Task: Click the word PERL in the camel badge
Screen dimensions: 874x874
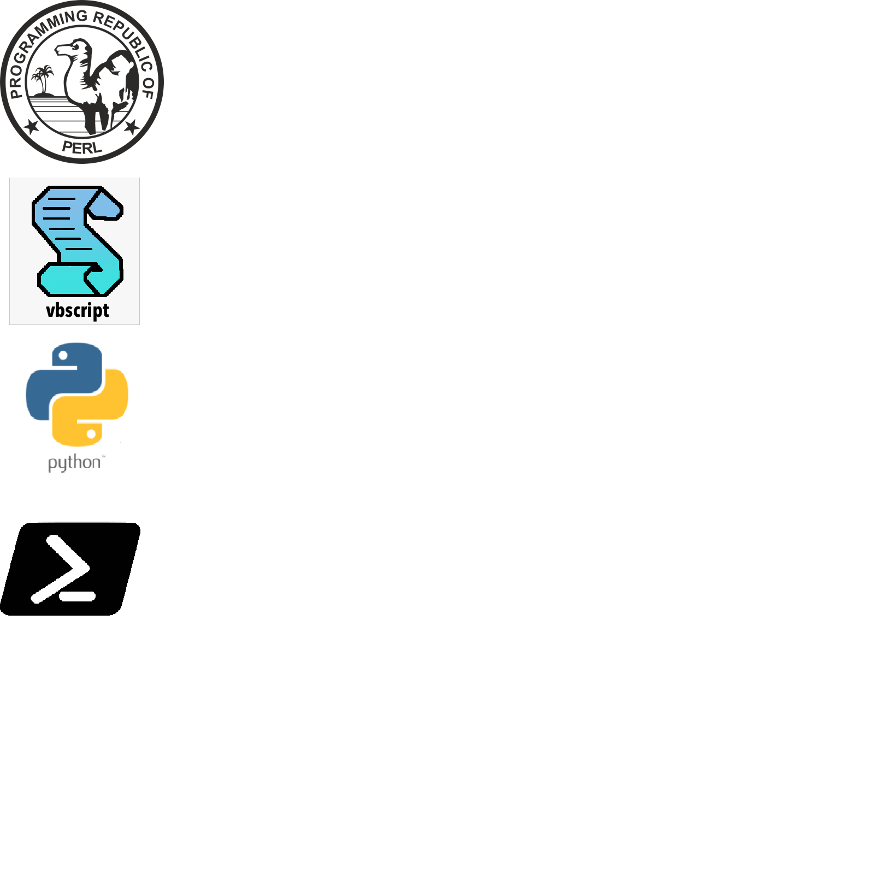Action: coord(82,147)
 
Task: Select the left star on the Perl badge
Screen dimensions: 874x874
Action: coord(32,127)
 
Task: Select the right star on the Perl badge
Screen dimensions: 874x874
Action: coord(132,127)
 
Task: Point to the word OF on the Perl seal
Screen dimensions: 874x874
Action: coord(148,87)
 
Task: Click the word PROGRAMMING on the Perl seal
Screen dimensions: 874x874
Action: coord(38,44)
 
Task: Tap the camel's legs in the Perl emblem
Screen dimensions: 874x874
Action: coord(98,117)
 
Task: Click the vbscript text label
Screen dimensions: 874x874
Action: coord(78,311)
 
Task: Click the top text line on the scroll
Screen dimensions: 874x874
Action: coord(61,199)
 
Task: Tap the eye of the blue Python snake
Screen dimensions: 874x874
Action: coord(63,356)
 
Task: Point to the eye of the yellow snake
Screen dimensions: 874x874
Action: coord(91,434)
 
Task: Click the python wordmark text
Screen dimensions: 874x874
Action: coord(75,463)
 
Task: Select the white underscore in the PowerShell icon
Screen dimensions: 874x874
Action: coord(78,597)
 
